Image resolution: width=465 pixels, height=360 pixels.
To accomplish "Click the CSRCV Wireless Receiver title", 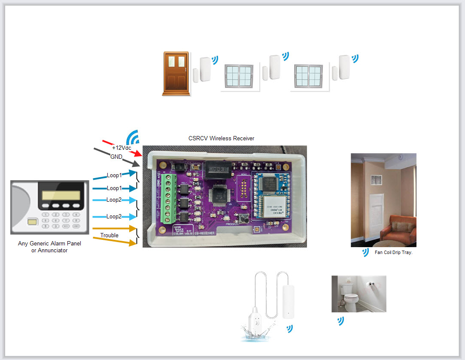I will (x=221, y=138).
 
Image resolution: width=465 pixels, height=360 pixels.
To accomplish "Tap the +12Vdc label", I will (x=122, y=148).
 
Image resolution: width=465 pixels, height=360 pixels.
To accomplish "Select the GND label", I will (x=116, y=157).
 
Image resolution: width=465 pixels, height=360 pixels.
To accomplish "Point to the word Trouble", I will (x=109, y=235).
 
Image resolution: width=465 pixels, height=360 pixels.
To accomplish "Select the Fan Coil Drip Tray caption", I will (x=393, y=253).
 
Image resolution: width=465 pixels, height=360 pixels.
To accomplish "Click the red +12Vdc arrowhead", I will (x=137, y=153).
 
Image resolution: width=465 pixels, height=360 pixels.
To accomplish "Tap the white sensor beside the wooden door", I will (x=204, y=68).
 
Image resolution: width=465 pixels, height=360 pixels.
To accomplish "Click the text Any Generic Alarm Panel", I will (x=49, y=243).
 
